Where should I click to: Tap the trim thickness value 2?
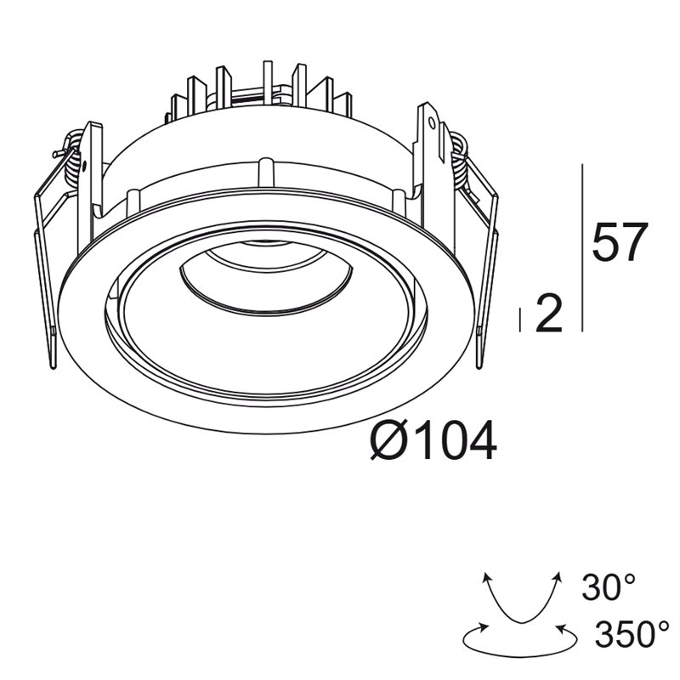coord(549,313)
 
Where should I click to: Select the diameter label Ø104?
coord(433,439)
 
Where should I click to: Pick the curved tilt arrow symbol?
coord(522,600)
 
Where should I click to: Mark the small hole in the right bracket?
coord(432,123)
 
